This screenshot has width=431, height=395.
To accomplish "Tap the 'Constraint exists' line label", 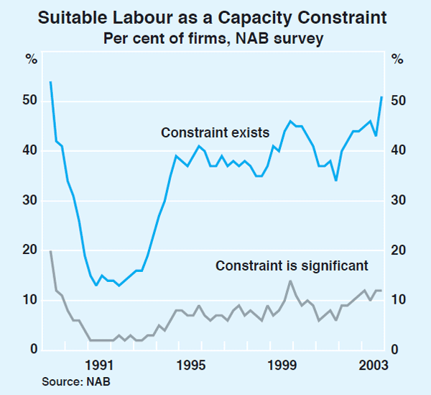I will point(215,132).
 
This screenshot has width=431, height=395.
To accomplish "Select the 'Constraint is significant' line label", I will point(292,265).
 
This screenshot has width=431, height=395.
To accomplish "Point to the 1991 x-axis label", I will point(97,364).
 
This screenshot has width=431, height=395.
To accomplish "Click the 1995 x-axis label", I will point(190,364).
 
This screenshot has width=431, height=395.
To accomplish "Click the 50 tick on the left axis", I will point(28,101).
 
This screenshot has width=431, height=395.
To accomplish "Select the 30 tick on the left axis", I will point(28,201).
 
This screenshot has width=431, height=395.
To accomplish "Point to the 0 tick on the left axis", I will point(31,350).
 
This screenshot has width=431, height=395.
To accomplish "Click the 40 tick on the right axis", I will point(398,151).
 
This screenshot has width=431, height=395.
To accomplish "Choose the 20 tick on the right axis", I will point(398,250).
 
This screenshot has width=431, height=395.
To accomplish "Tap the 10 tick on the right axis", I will point(398,300).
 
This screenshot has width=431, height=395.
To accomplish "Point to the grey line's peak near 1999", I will point(290,281).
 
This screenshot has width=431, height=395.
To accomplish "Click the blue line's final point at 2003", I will point(381,96).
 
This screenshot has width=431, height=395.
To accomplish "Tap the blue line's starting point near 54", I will point(50,82).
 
